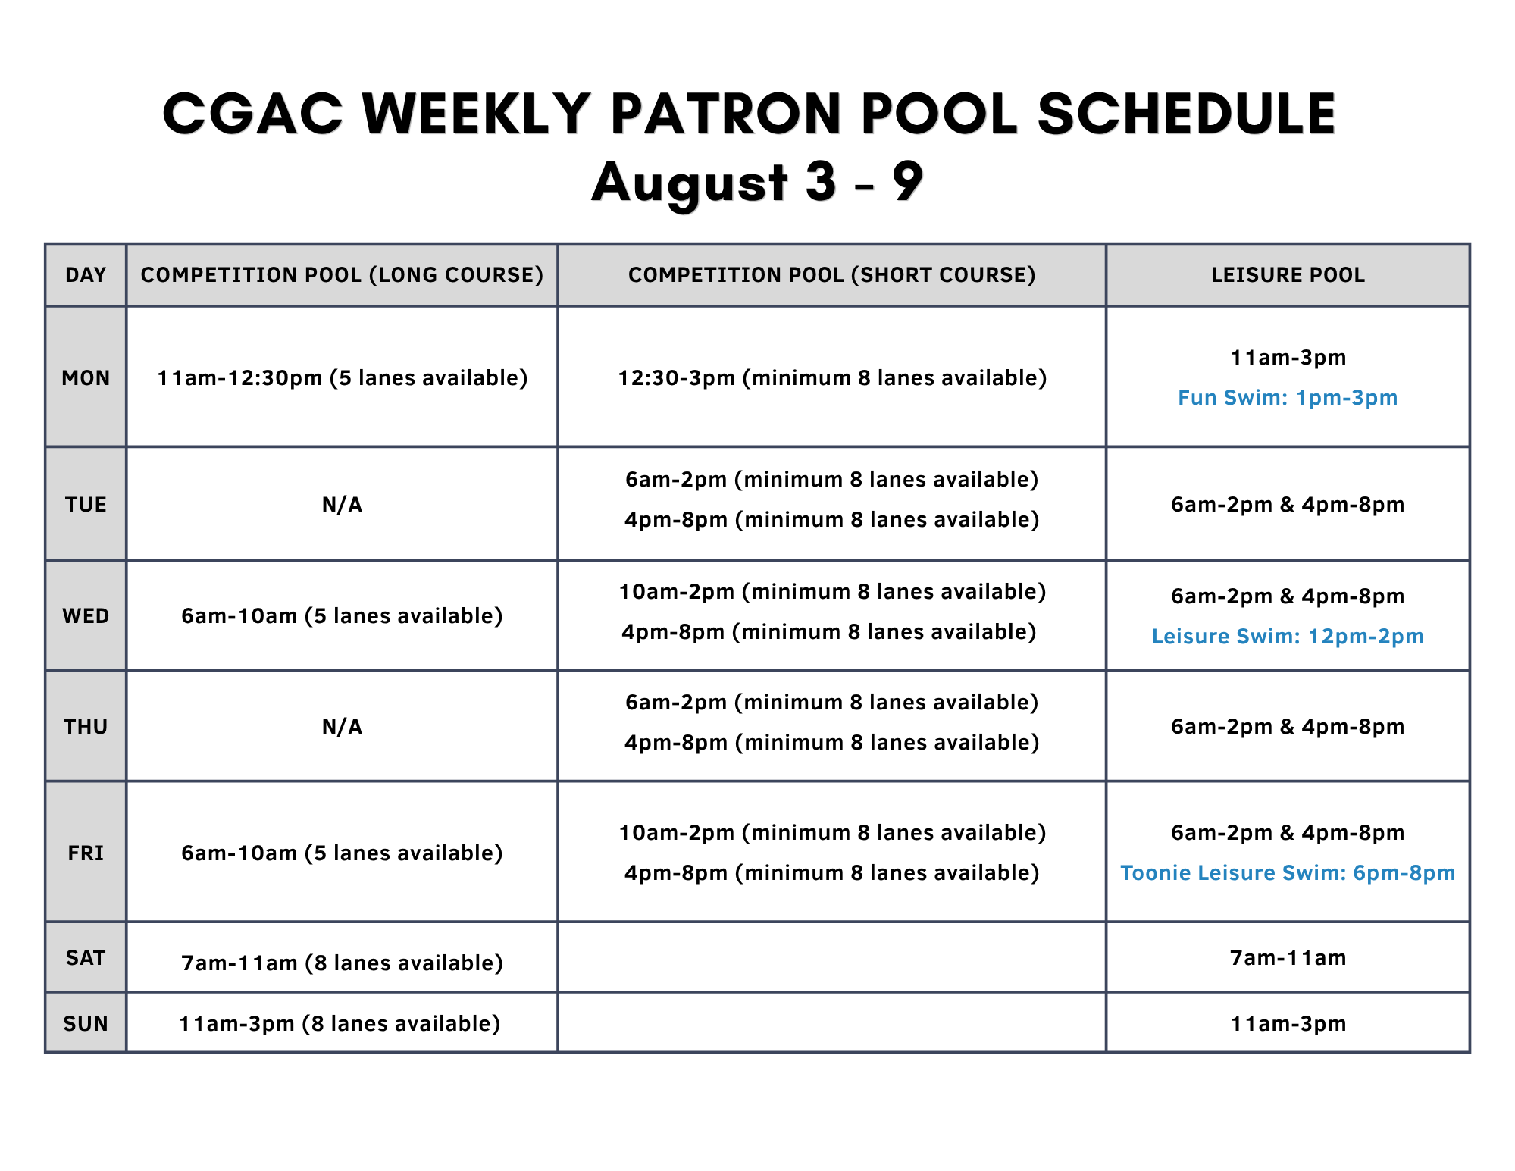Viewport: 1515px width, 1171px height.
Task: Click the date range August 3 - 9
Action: coord(757,183)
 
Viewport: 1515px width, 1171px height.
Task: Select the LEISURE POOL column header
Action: coord(1288,274)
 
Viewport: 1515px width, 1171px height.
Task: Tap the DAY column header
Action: coord(86,274)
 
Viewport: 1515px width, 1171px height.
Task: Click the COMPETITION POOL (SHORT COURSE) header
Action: coord(831,274)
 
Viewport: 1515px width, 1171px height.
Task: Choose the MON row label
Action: coord(86,377)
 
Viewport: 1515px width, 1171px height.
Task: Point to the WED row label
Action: coord(86,615)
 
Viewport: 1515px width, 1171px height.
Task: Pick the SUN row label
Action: coord(86,1023)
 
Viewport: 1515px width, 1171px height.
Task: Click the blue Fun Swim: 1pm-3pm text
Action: coord(1288,397)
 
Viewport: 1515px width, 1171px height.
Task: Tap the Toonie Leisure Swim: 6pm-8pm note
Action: coord(1288,872)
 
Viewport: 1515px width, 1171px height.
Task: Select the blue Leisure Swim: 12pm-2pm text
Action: coord(1288,636)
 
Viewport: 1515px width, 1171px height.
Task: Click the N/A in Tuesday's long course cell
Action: coord(342,504)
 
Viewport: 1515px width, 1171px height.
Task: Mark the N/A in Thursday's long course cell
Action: coord(342,726)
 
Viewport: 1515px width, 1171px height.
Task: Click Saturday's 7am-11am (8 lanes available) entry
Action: coord(342,963)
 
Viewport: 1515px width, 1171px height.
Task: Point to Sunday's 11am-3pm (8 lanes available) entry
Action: coord(340,1023)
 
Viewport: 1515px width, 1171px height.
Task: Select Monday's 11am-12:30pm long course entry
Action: coord(342,377)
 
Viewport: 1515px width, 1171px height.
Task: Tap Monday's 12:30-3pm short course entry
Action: coord(832,377)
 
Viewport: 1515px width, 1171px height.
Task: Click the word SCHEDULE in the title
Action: coord(1186,114)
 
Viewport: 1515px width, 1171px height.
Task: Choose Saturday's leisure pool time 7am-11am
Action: coord(1288,957)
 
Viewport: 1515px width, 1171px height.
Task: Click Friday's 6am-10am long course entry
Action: coord(342,853)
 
